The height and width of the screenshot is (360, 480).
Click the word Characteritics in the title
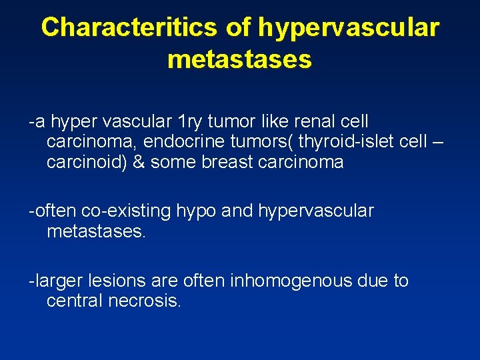point(129,28)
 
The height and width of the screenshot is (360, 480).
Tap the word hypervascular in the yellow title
point(348,28)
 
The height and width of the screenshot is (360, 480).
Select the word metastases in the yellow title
point(239,60)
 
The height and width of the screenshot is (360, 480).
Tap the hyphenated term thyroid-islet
point(346,142)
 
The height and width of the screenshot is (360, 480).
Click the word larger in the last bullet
point(57,281)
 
